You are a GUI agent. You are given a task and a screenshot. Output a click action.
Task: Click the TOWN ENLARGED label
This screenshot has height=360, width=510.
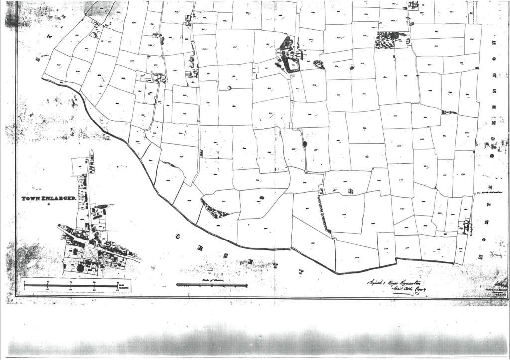48,198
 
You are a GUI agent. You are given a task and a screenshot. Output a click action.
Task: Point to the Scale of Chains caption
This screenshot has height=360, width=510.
211,281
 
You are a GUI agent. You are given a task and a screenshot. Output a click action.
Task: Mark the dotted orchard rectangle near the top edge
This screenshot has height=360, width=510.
386,40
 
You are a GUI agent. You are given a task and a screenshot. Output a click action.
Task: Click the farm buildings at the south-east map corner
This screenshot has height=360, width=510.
466,227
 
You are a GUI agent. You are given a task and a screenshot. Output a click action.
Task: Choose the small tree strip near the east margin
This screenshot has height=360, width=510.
448,112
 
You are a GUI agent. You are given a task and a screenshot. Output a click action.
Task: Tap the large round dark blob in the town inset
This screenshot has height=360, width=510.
80,268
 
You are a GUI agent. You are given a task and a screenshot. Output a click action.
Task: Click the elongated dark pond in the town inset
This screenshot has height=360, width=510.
102,206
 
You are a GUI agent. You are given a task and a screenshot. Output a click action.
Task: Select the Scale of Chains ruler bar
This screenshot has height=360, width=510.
212,285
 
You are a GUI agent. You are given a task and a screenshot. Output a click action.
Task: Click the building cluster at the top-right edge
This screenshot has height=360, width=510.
412,6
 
